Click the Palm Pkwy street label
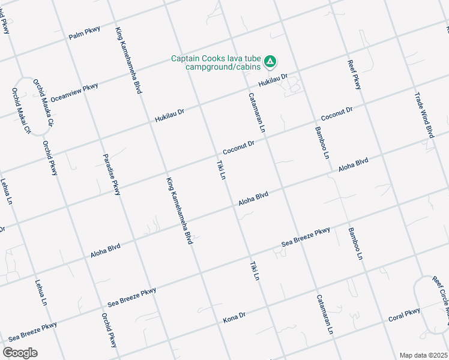pos(84,32)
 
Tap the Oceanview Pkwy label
pos(74,92)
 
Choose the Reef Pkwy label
pos(355,74)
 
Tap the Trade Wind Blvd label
pos(424,115)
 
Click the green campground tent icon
pos(271,61)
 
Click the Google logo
pos(20,353)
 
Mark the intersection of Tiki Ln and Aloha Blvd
pos(235,209)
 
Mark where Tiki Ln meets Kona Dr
pos(265,308)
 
